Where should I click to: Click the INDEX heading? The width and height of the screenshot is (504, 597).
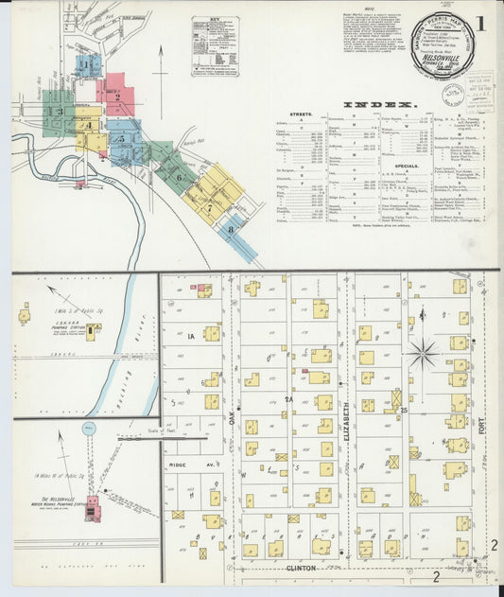pos(377,103)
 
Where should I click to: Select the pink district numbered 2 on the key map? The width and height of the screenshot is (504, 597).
pos(116,96)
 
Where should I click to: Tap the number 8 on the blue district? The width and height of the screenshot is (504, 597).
pos(230,229)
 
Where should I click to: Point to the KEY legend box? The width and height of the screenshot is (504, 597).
pos(215,45)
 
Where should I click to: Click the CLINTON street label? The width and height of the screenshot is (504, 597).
pos(302,570)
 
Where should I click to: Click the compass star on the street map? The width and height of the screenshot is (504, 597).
pos(422,354)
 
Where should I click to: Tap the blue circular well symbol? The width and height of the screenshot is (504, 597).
pos(89,429)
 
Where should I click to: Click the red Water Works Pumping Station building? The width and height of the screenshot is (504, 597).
pos(93,508)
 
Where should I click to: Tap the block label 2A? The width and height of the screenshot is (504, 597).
pos(289,400)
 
